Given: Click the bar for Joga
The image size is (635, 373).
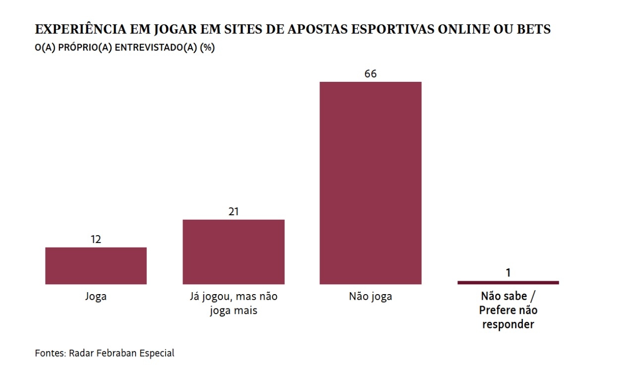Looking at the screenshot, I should point(96,266).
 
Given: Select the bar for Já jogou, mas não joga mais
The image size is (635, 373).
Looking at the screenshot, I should point(234,252).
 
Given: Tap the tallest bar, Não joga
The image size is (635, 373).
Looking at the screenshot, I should point(371,183).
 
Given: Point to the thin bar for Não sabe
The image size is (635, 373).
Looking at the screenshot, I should point(508,283).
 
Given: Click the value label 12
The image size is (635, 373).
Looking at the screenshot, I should point(96,240).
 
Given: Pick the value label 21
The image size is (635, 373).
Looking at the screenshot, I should point(234,212).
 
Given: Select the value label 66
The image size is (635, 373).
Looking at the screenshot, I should point(371,74).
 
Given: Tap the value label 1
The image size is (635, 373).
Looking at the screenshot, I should point(508,273).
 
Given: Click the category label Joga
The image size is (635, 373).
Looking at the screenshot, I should point(96,297).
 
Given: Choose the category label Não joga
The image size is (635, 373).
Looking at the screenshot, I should point(371,297).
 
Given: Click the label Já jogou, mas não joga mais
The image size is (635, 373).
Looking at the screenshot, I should point(234,304).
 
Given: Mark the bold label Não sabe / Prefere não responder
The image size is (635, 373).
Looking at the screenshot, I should point(508,311).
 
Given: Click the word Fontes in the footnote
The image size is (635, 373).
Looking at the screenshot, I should point(50,353).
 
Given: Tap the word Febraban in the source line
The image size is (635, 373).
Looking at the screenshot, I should point(114,353).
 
